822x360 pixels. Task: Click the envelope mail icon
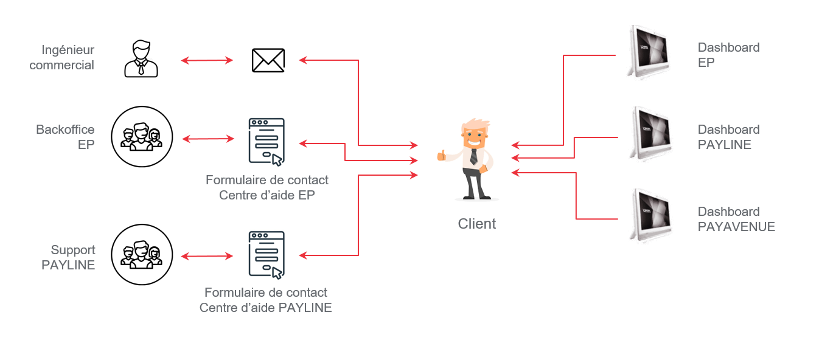(x=268, y=60)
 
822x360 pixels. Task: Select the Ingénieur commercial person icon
(x=141, y=59)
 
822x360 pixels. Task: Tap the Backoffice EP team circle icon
(x=142, y=137)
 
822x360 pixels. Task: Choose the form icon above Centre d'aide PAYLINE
(x=266, y=254)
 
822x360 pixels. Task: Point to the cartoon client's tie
(x=473, y=156)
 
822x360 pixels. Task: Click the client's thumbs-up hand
(x=441, y=156)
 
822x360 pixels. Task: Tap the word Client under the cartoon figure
(x=476, y=224)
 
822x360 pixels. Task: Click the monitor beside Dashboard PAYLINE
(x=649, y=134)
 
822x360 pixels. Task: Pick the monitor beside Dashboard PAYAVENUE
(x=649, y=216)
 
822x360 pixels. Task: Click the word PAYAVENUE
(x=736, y=227)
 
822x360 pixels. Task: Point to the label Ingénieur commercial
(x=62, y=58)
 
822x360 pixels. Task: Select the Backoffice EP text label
(x=65, y=137)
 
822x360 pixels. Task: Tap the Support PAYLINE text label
(x=68, y=257)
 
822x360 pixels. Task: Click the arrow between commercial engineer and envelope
(x=207, y=60)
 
